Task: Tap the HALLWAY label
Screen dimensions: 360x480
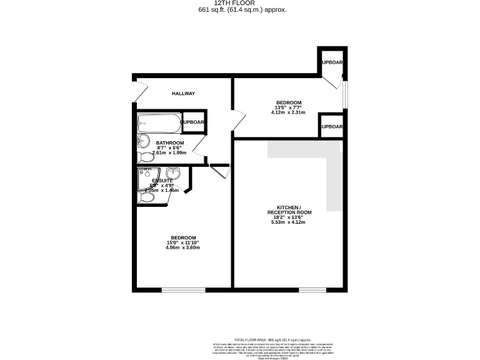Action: tap(184, 94)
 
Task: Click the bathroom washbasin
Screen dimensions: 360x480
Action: tap(143, 140)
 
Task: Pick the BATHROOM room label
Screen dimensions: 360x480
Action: tap(170, 143)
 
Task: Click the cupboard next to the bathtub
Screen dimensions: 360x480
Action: tap(194, 122)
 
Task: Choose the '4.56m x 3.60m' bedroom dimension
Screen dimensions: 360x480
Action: tap(182, 248)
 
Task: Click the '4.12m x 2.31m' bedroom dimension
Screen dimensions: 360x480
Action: tap(288, 113)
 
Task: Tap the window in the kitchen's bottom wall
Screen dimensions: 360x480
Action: tap(312, 290)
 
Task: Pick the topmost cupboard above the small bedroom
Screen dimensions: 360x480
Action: tap(332, 62)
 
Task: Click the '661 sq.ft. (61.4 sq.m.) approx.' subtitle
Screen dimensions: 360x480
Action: tap(242, 10)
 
